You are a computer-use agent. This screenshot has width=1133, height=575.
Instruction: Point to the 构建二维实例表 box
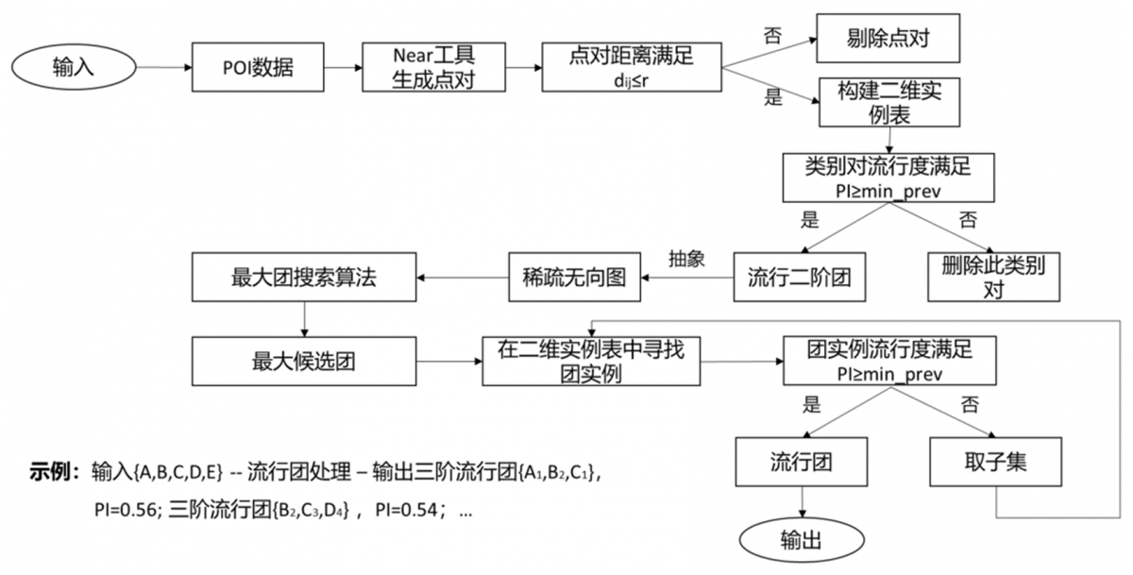pyautogui.click(x=888, y=103)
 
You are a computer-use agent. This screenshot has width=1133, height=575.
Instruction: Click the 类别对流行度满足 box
pyautogui.click(x=888, y=177)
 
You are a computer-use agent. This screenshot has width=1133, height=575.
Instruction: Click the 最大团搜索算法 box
pyautogui.click(x=303, y=278)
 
